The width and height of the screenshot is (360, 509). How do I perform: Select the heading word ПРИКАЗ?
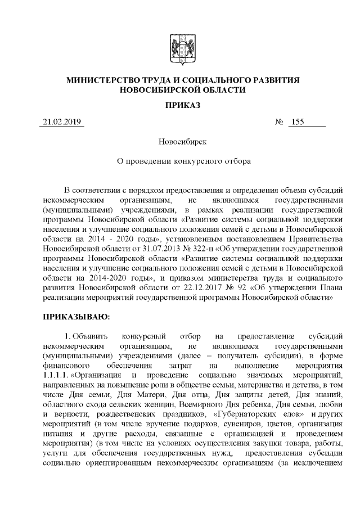pos(180,105)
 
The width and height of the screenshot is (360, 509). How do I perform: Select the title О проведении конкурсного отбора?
pos(180,160)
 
